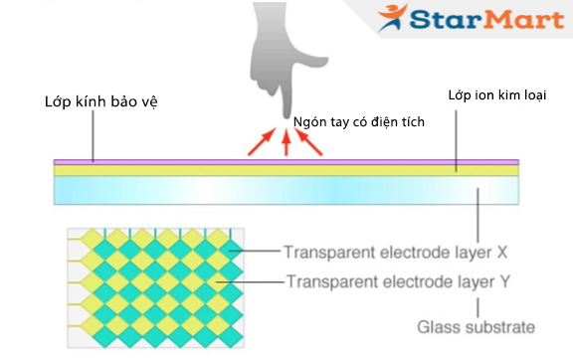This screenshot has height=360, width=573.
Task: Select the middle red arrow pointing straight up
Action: pyautogui.click(x=286, y=145)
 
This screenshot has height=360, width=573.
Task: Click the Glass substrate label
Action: pyautogui.click(x=476, y=326)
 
